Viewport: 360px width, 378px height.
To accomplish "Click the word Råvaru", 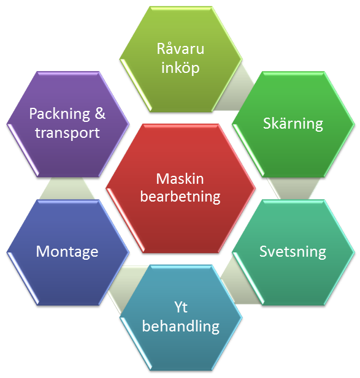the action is point(180,48).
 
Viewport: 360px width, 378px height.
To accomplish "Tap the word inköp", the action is point(180,68).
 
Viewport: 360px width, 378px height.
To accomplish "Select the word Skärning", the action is point(293,124).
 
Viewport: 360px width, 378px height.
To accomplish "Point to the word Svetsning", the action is point(293,252).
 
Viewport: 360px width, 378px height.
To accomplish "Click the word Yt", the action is point(181,307).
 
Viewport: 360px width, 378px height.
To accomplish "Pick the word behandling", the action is point(181,327).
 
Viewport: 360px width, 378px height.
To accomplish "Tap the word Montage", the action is point(67,252).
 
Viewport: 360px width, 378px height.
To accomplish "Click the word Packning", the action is point(59,114).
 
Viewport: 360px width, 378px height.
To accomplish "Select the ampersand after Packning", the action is point(100,113).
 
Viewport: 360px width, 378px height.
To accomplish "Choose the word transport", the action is point(67,133).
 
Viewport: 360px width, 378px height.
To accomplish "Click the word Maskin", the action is point(180,179).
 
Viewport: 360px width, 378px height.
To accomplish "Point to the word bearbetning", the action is point(180,197).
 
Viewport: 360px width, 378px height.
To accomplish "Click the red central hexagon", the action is point(180,188).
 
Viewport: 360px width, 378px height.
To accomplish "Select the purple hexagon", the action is point(68,124).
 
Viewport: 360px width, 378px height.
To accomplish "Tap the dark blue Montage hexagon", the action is point(68,252).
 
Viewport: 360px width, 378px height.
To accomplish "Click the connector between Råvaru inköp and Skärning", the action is point(236,92).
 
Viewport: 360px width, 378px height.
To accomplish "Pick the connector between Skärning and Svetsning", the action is point(293,188).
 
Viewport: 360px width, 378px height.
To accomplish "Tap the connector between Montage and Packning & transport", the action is point(67,188).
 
